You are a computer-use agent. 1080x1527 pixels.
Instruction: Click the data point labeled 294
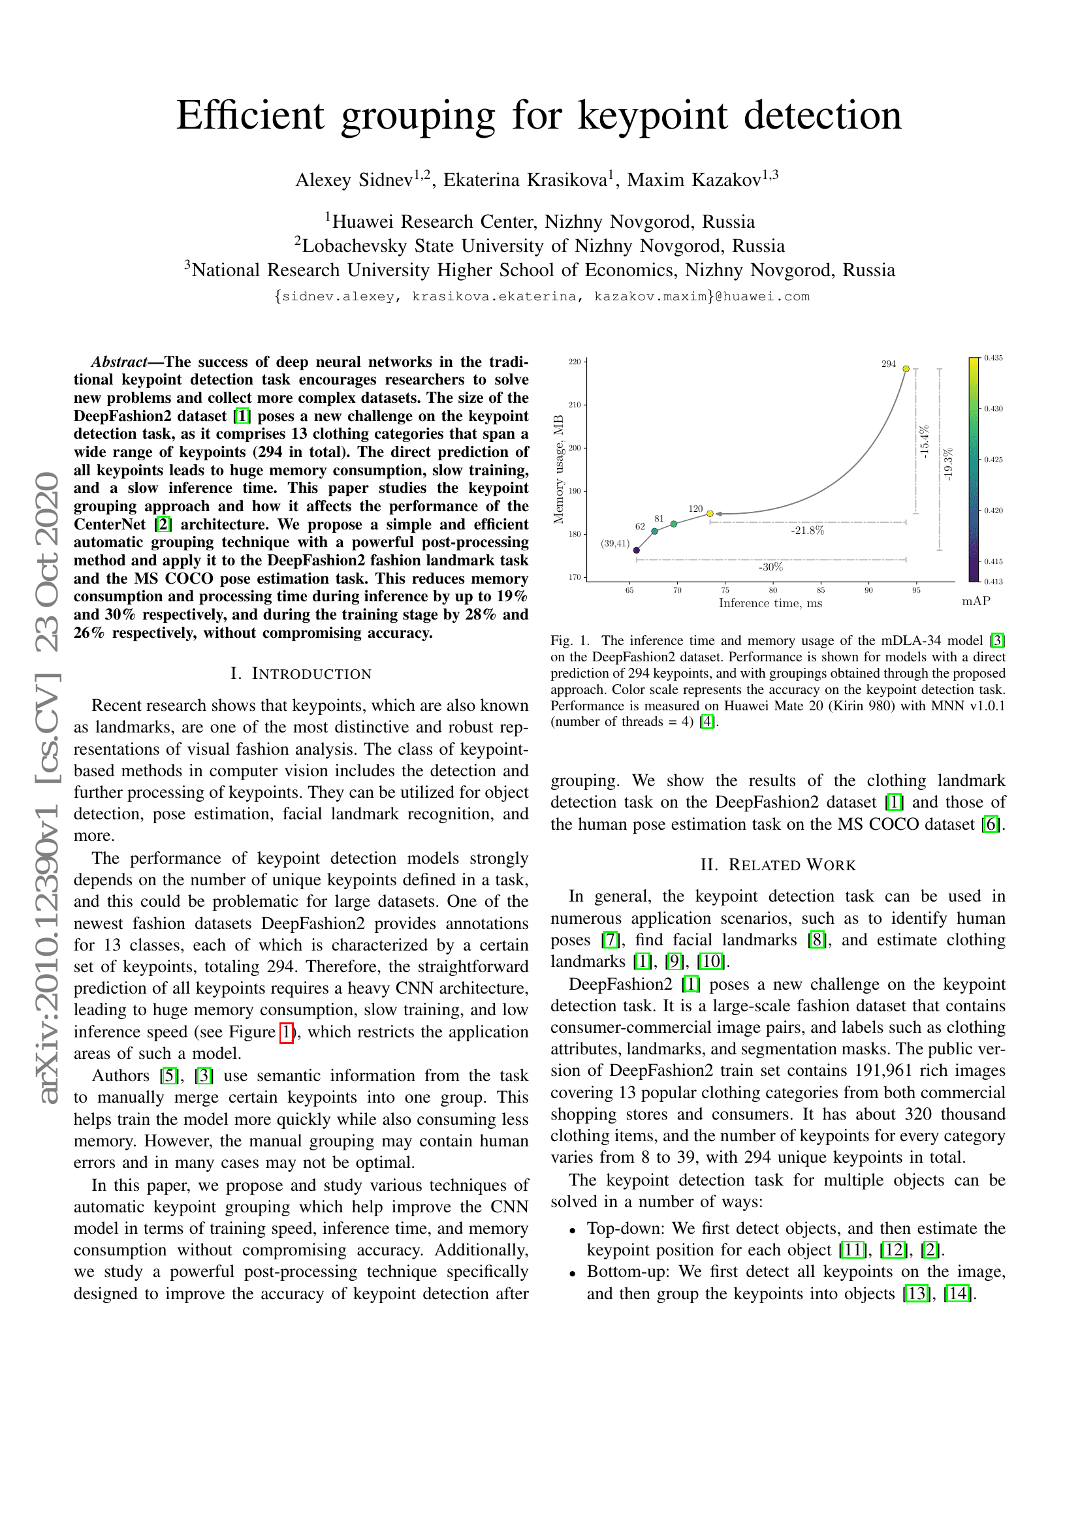coord(906,368)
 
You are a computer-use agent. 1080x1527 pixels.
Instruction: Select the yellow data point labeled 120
coord(710,513)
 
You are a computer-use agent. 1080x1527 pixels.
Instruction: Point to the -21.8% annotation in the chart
coord(807,531)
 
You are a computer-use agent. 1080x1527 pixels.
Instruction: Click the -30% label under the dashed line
coord(770,567)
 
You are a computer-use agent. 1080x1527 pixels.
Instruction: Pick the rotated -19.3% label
coord(948,464)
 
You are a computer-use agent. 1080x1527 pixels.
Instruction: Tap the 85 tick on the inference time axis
coord(821,590)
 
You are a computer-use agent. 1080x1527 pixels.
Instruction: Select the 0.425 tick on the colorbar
coord(994,460)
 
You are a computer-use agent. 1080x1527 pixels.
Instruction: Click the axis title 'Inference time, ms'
coord(770,603)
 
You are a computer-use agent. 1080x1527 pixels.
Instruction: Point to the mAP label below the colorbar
coord(976,601)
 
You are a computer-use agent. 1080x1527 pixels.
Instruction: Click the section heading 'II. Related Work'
coord(778,864)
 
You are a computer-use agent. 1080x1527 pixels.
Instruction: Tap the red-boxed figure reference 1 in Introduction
coord(286,1031)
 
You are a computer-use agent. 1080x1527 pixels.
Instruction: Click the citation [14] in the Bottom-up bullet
coord(958,1293)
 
